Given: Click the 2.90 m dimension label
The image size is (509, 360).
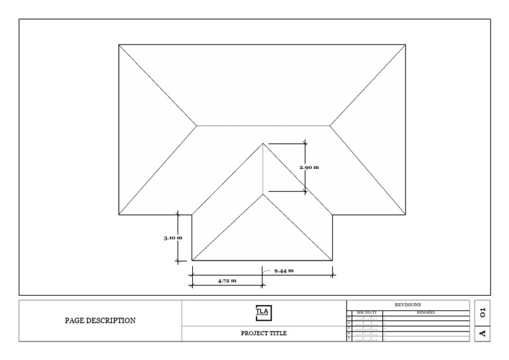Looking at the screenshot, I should [309, 167].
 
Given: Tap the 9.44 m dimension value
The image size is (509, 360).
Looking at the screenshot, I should [283, 270].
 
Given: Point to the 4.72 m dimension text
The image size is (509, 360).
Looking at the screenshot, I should [227, 281].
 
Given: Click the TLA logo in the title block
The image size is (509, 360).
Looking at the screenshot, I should [264, 312].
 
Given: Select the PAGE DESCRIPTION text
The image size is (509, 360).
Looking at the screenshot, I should [100, 320].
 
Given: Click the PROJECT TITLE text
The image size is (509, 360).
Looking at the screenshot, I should [264, 333].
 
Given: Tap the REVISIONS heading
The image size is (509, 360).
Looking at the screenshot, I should [408, 304].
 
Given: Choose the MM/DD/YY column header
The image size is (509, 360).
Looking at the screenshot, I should [367, 311].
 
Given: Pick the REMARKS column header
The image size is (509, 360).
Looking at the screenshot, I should [426, 311].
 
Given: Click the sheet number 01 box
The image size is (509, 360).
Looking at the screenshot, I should [482, 310].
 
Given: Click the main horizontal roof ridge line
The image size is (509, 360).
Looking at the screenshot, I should [263, 125].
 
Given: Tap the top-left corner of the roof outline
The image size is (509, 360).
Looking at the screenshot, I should [119, 45].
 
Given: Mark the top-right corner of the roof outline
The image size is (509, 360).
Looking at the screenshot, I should [406, 45].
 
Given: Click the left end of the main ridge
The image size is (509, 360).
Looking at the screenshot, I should [197, 125].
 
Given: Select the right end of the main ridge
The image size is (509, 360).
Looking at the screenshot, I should [329, 125].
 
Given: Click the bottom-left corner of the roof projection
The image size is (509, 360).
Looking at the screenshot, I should [192, 261].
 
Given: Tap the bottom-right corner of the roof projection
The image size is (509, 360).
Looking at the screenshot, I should [333, 261].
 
